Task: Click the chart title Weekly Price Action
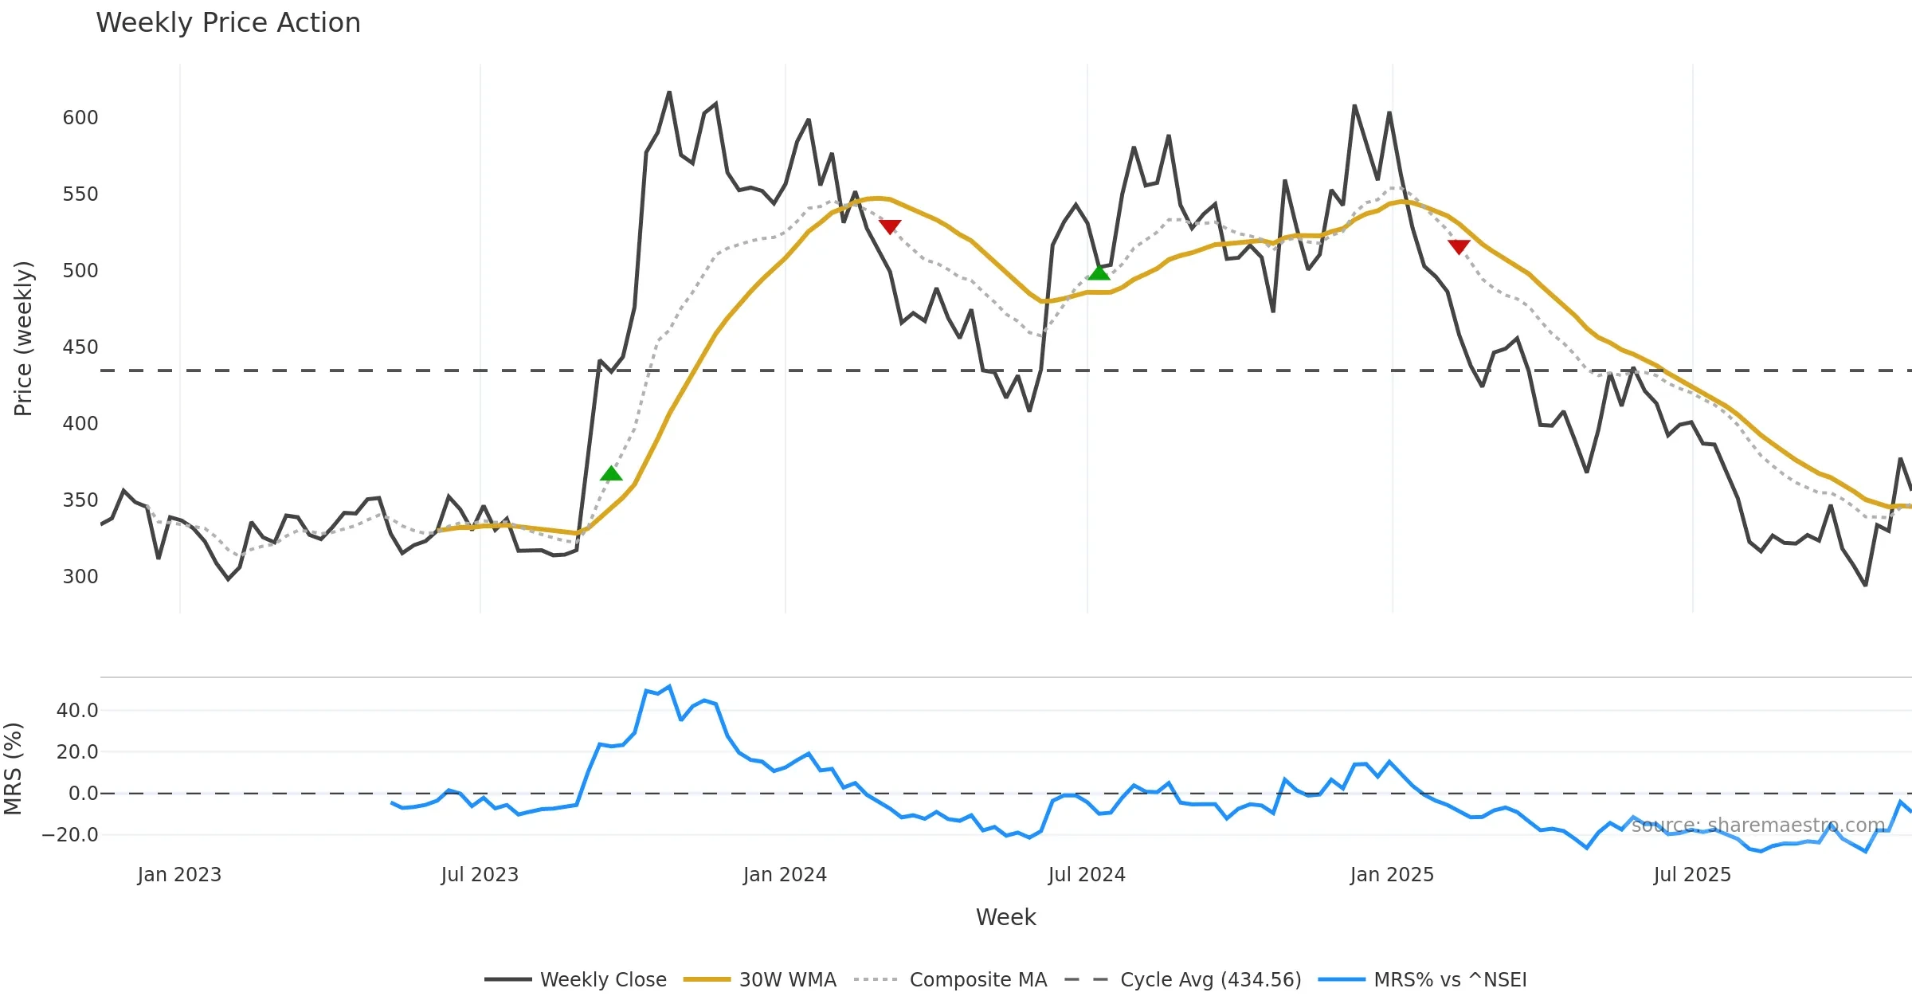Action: click(228, 23)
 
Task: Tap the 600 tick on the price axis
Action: click(80, 118)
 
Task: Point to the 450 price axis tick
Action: click(80, 347)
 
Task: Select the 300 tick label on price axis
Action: click(80, 577)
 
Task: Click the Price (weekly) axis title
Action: click(23, 339)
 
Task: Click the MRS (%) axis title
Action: click(14, 769)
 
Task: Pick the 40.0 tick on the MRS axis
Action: click(77, 711)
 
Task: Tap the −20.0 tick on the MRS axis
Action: click(70, 835)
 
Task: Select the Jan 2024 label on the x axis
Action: click(785, 875)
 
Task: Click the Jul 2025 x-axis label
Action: click(1692, 875)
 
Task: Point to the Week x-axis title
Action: click(1005, 918)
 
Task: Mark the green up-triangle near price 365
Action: click(611, 474)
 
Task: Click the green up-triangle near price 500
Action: click(1099, 273)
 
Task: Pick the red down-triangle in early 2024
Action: click(890, 226)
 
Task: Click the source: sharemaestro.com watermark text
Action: click(1757, 826)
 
